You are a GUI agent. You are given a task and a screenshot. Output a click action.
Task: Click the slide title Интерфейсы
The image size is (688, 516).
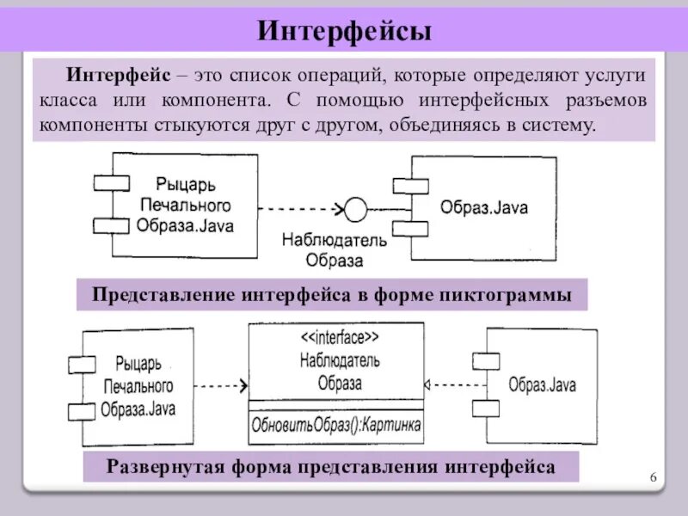[x=343, y=31]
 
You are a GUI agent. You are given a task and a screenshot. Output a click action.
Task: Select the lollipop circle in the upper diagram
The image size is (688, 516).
[x=354, y=209]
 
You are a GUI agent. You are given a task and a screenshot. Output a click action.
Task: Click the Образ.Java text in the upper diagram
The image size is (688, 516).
[x=484, y=208]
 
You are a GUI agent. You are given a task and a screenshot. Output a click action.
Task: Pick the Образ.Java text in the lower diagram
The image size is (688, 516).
[x=543, y=384]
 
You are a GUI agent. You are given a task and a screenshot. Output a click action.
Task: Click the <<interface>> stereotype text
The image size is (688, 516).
[x=336, y=337]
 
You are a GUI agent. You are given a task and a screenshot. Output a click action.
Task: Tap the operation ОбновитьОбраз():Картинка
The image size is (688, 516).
[x=336, y=424]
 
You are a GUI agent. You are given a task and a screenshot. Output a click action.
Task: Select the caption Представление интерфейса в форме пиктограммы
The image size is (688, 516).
[x=332, y=295]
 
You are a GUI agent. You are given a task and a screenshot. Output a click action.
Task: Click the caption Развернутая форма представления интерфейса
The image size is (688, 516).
[x=331, y=467]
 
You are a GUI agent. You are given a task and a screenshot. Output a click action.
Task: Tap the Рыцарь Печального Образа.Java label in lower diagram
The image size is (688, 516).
[x=137, y=385]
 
